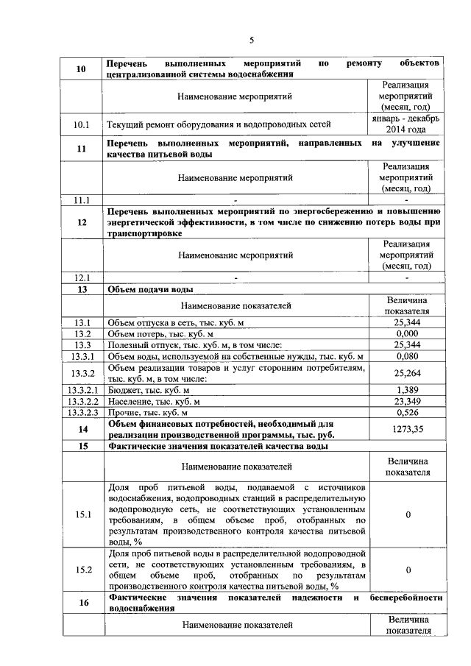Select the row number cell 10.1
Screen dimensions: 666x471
[x=82, y=124]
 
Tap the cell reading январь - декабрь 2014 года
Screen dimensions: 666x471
[x=407, y=124]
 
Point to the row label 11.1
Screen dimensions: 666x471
[x=82, y=199]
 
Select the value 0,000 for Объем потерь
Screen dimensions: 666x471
[x=407, y=333]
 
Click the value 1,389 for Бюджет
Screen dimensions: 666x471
[x=407, y=389]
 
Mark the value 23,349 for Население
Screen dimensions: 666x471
[x=407, y=401]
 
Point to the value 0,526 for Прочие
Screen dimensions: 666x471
[x=407, y=413]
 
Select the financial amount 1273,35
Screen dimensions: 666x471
[x=407, y=429]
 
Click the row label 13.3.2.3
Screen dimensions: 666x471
[x=82, y=413]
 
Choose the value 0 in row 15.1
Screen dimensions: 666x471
[x=407, y=514]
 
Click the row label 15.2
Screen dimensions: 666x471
[x=82, y=569]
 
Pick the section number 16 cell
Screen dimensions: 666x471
[x=82, y=603]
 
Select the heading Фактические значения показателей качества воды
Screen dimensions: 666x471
[x=218, y=446]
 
